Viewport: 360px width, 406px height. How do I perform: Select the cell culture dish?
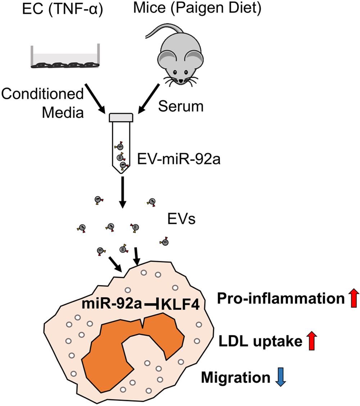click(63, 58)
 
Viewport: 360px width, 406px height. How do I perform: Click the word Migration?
click(236, 378)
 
